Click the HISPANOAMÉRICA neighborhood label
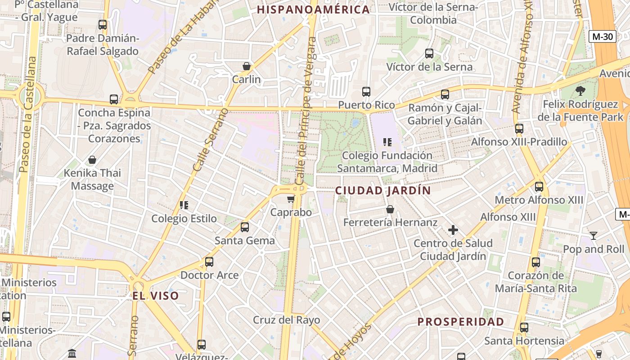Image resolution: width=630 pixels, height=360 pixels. click(x=313, y=9)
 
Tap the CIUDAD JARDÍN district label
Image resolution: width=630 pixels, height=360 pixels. click(x=383, y=190)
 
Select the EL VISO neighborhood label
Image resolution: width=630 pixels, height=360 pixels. click(x=156, y=296)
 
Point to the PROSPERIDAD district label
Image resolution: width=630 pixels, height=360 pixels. click(x=460, y=322)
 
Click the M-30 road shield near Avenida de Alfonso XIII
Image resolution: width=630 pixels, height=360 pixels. click(x=602, y=36)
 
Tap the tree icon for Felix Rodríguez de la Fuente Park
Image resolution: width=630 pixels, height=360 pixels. click(x=580, y=91)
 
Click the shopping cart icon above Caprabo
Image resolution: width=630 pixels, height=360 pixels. click(x=291, y=199)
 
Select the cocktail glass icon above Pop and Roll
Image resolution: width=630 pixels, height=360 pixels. click(x=594, y=235)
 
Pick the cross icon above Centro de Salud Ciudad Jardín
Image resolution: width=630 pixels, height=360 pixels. click(x=453, y=230)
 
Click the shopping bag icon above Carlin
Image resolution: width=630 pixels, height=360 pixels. click(x=246, y=66)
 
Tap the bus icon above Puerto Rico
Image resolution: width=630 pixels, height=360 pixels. click(x=366, y=92)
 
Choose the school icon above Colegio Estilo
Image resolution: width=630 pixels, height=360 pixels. click(x=184, y=205)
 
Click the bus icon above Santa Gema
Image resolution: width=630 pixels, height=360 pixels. click(x=244, y=227)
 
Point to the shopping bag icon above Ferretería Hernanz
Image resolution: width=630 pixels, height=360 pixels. click(x=390, y=209)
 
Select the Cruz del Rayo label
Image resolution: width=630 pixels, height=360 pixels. click(x=286, y=320)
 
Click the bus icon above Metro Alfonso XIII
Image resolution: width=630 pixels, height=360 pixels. click(x=539, y=186)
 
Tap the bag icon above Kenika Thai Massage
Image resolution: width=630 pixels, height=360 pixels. click(x=92, y=160)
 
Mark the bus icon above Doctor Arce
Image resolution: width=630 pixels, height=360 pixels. click(x=209, y=261)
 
